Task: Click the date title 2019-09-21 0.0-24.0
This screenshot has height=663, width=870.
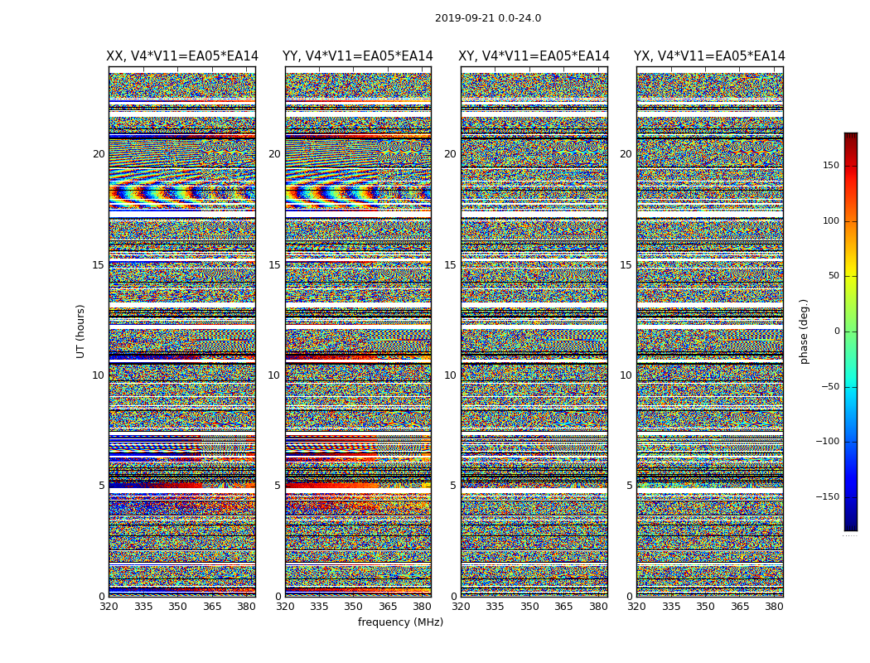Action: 487,18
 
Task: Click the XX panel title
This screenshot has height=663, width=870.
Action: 182,56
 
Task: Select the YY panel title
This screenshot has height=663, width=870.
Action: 358,56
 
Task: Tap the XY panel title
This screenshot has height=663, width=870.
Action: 534,56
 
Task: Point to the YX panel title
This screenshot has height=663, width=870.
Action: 709,56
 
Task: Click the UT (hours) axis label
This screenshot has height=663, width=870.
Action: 80,331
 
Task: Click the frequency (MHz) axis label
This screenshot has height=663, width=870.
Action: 400,622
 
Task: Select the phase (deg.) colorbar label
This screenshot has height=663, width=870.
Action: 804,331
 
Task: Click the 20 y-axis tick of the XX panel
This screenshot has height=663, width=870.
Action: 99,154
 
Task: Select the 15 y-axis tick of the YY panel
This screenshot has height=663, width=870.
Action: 274,265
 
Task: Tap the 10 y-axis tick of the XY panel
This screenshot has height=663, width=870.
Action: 450,375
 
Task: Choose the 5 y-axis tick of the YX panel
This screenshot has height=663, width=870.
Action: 629,486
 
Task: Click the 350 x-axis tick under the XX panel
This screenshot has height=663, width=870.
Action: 177,607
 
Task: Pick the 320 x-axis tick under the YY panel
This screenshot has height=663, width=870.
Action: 285,607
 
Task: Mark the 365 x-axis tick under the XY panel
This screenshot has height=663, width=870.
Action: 563,607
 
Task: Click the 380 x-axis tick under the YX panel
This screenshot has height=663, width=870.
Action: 774,607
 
